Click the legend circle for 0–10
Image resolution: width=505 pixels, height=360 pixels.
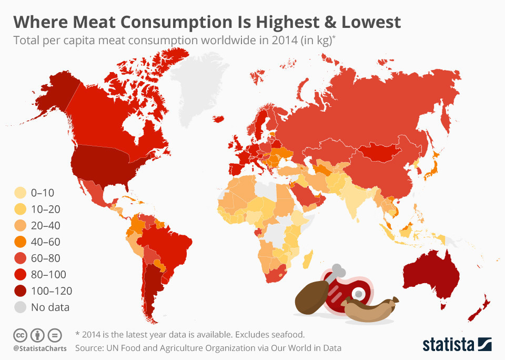21,193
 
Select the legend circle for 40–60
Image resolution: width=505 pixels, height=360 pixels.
21,242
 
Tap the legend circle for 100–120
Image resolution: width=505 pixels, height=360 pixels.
21,291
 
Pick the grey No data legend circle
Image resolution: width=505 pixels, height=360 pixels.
21,307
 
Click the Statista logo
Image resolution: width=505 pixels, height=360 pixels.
457,344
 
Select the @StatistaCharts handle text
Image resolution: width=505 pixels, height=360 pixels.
37,348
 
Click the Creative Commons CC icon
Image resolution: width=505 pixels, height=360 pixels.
20,335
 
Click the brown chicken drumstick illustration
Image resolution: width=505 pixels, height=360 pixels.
310,297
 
